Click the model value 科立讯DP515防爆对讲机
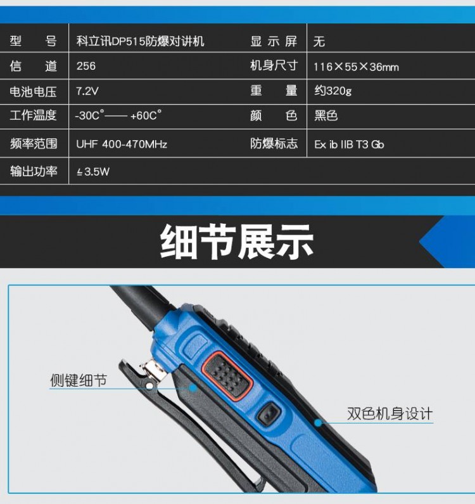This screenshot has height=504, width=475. (x=140, y=41)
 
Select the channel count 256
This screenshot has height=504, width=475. (x=86, y=66)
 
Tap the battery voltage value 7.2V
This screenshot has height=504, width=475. (x=87, y=91)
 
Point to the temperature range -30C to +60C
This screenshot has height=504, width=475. (x=118, y=115)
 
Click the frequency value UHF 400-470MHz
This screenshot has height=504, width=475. (x=122, y=144)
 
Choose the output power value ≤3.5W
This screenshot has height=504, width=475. (x=93, y=172)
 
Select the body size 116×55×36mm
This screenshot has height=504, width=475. (x=356, y=67)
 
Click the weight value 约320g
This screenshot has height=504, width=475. (x=333, y=91)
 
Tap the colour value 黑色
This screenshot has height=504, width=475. (x=326, y=115)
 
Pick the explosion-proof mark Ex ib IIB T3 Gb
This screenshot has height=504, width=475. (x=349, y=145)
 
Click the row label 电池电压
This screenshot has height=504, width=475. (x=33, y=91)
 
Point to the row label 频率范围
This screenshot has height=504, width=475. (x=34, y=143)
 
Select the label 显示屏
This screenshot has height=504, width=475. (x=274, y=41)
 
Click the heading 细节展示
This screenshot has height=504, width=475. (x=237, y=242)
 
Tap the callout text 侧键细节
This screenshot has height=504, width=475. (x=79, y=380)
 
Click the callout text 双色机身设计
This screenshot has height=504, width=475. (x=390, y=413)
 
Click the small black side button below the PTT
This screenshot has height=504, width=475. (x=269, y=414)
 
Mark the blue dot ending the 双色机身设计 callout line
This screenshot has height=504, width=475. (x=318, y=423)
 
